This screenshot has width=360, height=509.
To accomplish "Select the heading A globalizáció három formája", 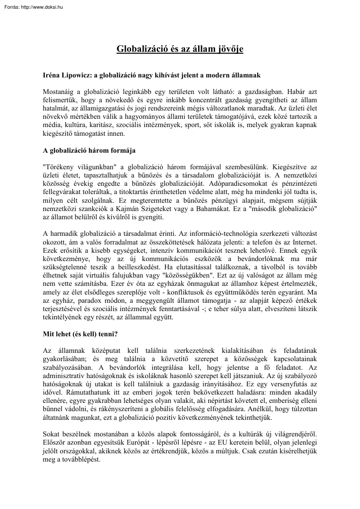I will coord(89,151).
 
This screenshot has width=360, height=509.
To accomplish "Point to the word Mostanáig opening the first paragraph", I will coord(60,92).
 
